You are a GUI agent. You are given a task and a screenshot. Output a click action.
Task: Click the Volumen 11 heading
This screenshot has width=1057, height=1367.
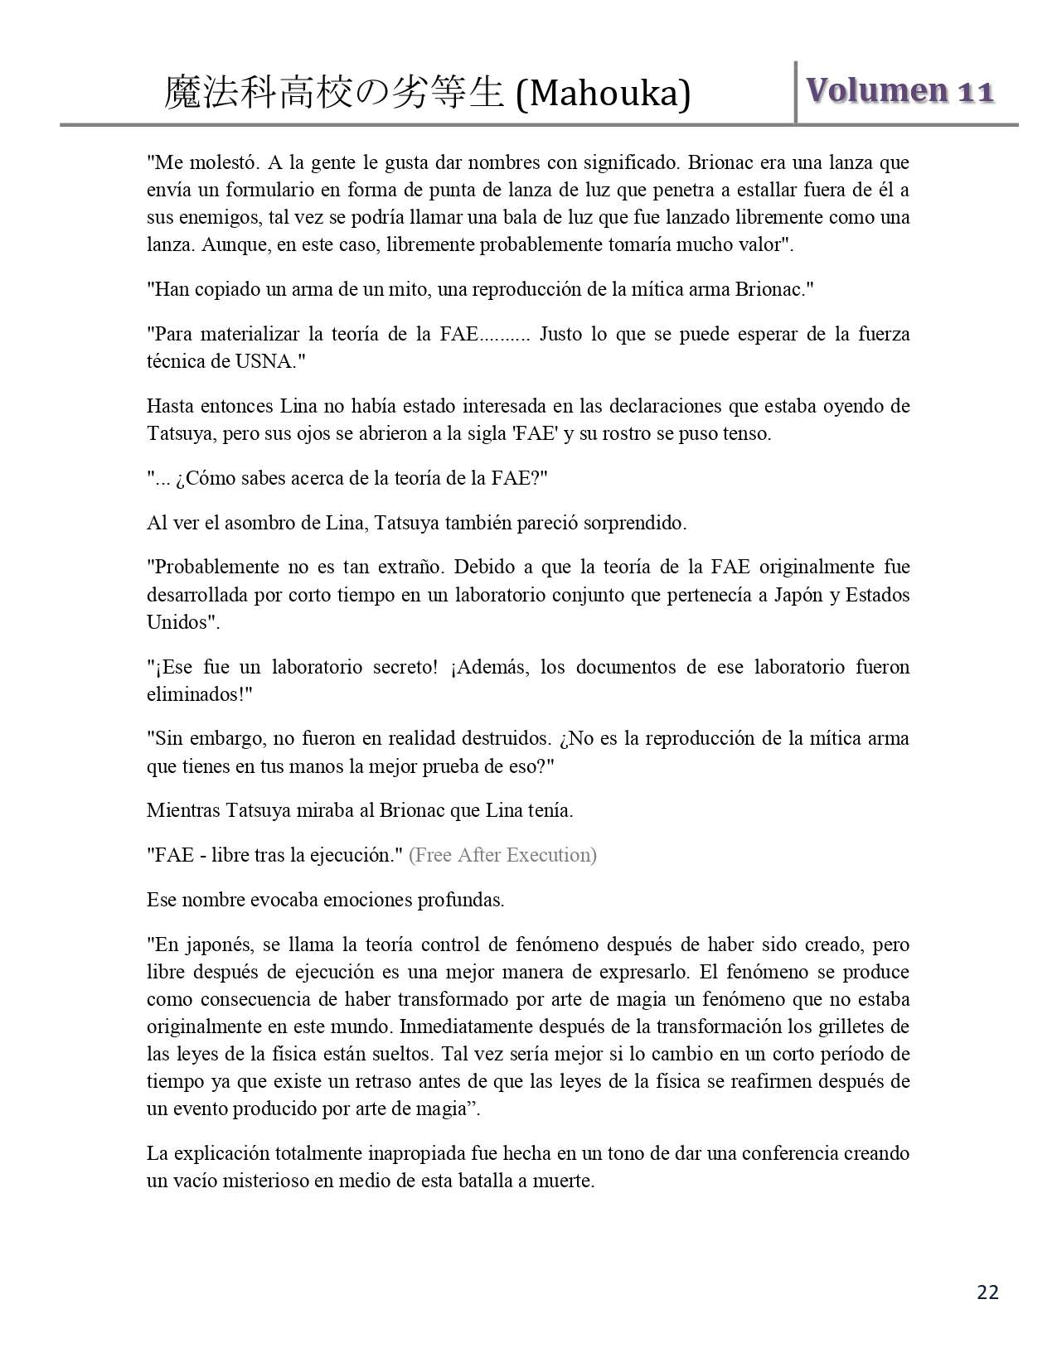coord(899,90)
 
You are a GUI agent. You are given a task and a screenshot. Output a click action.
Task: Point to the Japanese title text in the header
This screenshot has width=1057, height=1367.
coord(334,94)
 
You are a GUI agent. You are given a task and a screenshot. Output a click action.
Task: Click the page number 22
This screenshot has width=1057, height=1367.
coord(987,1292)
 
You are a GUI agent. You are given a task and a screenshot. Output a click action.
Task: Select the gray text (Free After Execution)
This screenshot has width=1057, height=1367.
coord(502,855)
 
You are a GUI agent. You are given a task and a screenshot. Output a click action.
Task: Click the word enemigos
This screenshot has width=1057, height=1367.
coord(218,217)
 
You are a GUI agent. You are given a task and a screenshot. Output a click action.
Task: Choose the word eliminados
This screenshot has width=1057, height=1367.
coord(196,694)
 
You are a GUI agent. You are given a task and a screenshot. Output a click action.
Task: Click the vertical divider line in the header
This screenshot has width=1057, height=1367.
coord(795,92)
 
